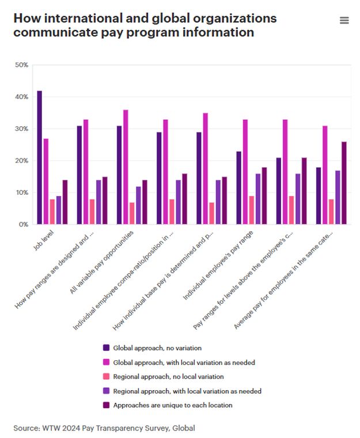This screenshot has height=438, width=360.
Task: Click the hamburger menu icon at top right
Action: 344,21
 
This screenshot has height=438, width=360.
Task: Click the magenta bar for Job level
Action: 46,181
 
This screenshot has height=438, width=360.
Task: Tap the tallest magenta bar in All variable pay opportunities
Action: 126,167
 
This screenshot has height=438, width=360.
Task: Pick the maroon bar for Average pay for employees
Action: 344,183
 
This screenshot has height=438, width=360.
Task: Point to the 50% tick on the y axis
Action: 21,65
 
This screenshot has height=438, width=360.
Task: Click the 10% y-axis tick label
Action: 21,192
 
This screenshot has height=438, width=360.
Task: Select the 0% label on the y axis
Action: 23,224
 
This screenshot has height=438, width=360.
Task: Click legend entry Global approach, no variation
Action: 157,348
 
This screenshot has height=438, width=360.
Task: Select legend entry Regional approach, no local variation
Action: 168,376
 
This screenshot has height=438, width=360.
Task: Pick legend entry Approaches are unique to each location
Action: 173,405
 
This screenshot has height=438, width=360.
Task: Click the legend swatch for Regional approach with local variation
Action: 105,391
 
